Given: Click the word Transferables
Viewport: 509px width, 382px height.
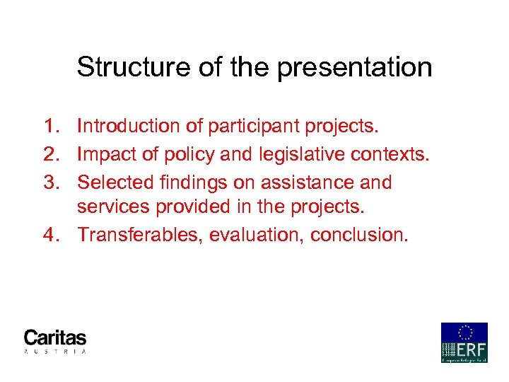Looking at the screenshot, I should tap(139, 235).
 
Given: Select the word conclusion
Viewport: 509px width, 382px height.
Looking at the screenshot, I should tap(359, 235).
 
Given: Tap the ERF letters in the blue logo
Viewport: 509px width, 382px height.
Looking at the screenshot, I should tap(472, 349).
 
